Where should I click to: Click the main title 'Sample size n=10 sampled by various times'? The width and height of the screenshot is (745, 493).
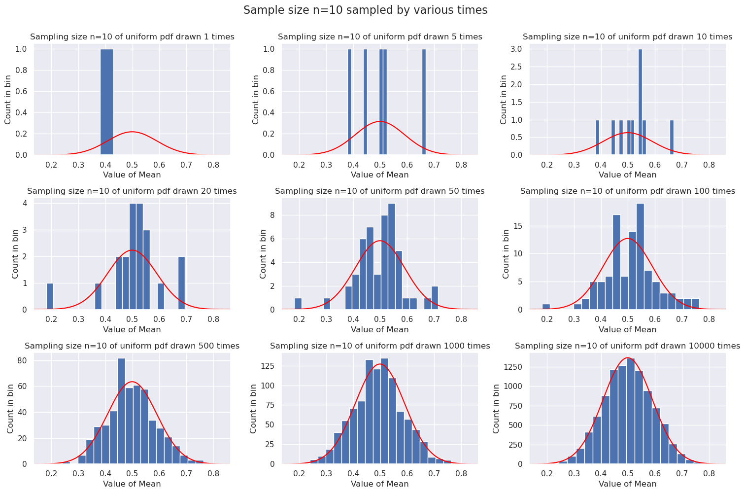click(365, 10)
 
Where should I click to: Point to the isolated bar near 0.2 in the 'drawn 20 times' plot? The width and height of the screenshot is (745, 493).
click(50, 296)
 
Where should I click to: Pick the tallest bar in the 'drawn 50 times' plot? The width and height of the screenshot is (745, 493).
click(391, 256)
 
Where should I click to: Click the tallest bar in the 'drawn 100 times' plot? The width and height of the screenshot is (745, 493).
click(640, 256)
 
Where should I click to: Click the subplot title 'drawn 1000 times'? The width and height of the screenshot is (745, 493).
click(380, 346)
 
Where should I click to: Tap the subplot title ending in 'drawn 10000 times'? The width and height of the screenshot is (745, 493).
click(627, 346)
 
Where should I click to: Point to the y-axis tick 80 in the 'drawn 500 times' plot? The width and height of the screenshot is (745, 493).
click(22, 361)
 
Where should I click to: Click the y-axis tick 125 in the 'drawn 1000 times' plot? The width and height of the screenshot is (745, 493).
click(266, 367)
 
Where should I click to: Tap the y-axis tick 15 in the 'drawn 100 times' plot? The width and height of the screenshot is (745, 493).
click(518, 226)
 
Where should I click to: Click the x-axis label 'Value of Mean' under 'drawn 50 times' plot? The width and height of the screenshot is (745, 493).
click(380, 329)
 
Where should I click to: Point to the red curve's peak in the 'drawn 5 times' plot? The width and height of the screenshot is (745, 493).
click(379, 122)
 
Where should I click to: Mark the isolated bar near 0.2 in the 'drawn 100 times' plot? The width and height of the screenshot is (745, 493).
click(546, 307)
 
